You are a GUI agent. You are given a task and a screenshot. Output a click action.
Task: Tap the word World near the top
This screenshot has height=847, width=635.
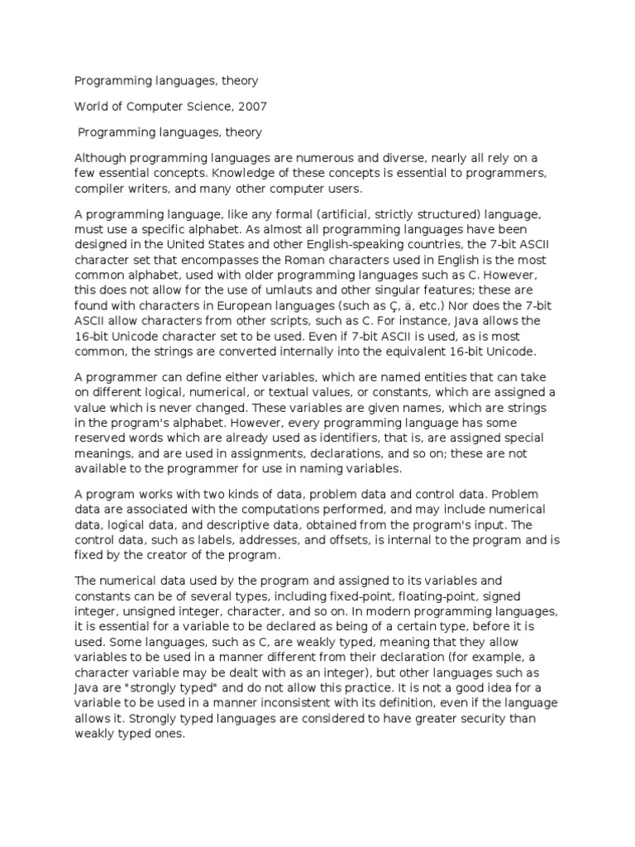(x=92, y=106)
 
